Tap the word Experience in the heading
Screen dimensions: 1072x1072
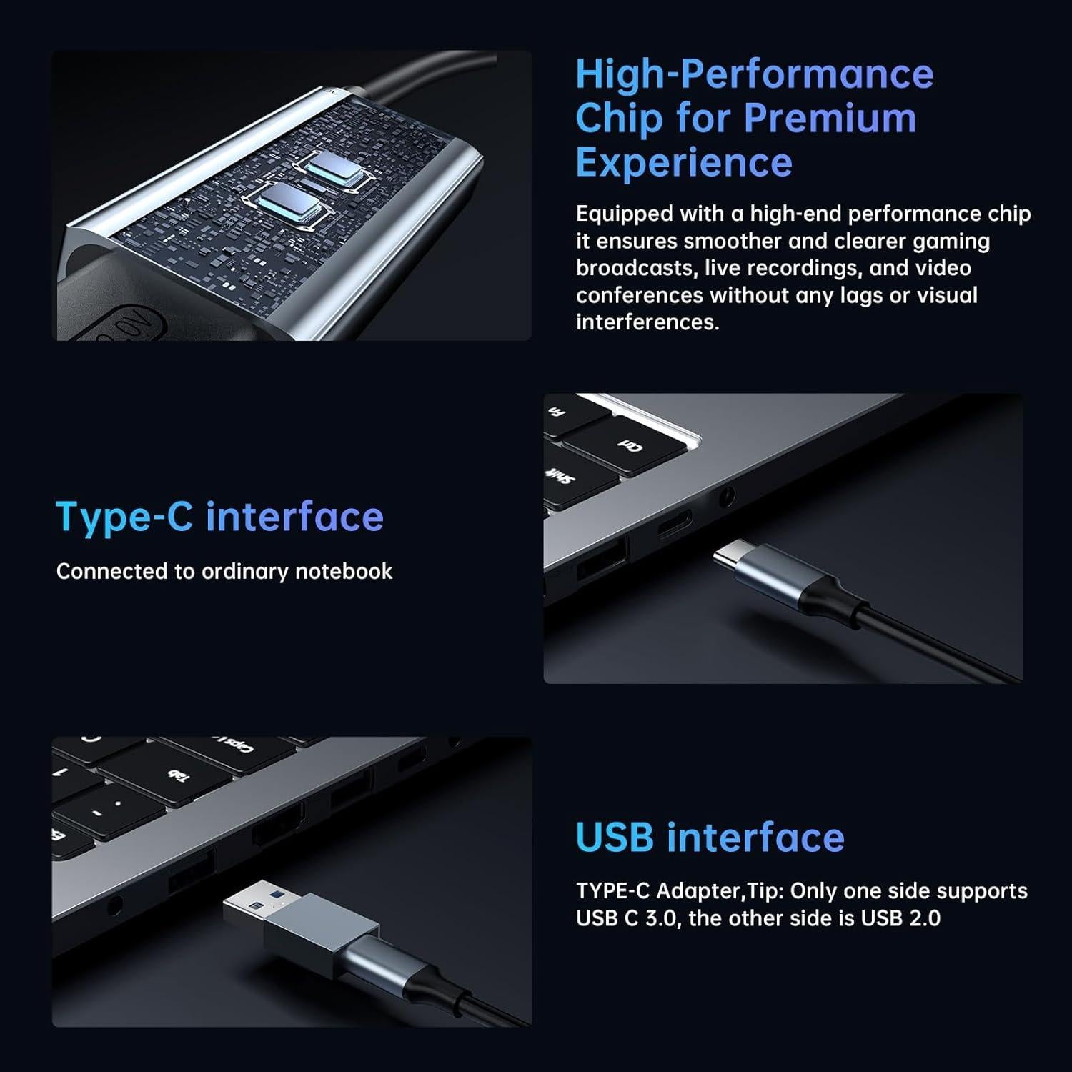(684, 162)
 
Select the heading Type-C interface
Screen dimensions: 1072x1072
(219, 517)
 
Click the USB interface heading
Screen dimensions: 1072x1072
(710, 837)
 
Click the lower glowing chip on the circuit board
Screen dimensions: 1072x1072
(284, 204)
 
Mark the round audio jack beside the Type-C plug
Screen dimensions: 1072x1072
(727, 495)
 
